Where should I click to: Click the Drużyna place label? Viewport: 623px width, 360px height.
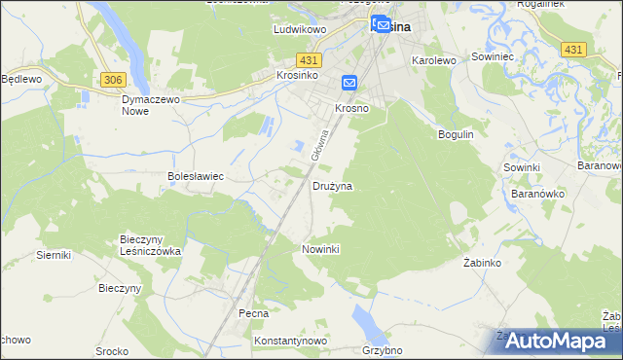point(332,185)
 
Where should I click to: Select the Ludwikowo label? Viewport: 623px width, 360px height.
point(298,30)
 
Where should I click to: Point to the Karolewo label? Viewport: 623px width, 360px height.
point(434,60)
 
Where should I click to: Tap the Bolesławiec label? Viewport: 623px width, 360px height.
point(197,177)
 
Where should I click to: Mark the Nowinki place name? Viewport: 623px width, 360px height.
point(320,249)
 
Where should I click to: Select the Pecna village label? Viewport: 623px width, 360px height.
point(253,314)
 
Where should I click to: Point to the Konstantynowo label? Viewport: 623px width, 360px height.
point(289,342)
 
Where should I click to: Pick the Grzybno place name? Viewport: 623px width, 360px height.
point(382,350)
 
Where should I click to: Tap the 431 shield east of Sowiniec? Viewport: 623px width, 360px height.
point(573,50)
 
